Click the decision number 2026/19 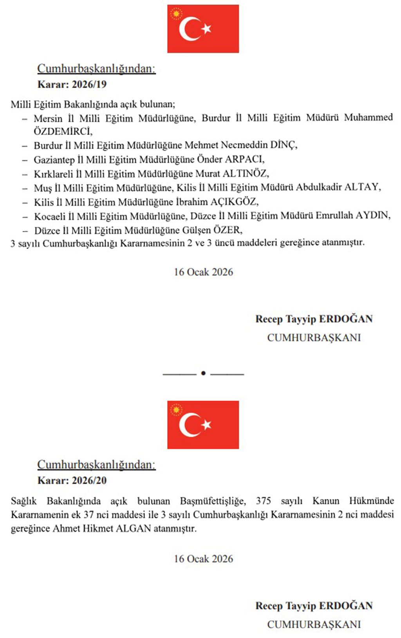click(x=92, y=84)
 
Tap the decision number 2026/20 click(x=92, y=480)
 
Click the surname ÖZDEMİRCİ click(x=63, y=131)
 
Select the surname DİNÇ click(x=283, y=145)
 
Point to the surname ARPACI click(x=244, y=160)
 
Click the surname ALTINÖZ click(x=245, y=174)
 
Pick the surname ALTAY click(x=362, y=187)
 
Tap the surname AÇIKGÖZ click(x=234, y=202)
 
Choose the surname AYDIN click(x=372, y=216)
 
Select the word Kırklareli click(x=53, y=174)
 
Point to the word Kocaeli click(x=50, y=216)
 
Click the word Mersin click(x=48, y=118)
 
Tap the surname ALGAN click(x=133, y=528)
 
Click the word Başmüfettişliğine click(x=213, y=501)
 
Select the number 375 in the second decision click(x=264, y=501)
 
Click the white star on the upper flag click(x=206, y=28)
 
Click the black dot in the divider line click(x=203, y=373)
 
